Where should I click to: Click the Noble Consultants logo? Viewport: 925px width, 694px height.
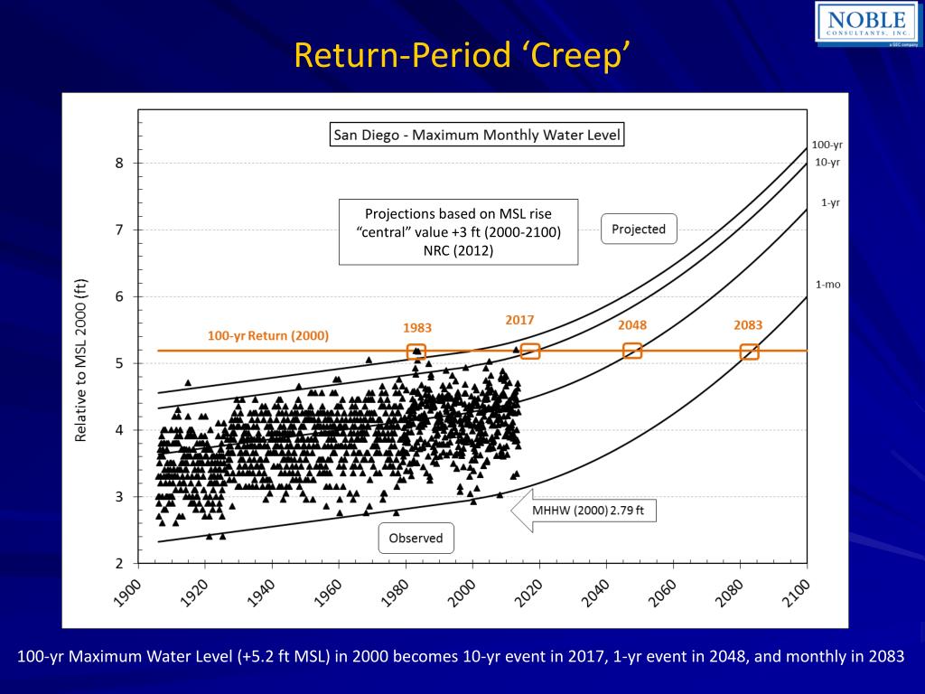click(869, 23)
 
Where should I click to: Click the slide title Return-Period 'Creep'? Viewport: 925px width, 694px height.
click(462, 56)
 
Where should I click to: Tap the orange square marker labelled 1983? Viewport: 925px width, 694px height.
click(416, 352)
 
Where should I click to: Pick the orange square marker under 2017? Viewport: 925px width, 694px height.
click(530, 351)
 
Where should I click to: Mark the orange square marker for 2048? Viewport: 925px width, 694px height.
click(632, 351)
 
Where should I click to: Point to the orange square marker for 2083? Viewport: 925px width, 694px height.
click(749, 352)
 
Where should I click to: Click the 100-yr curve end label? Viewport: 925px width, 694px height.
click(827, 145)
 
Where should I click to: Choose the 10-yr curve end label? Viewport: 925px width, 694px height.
click(827, 163)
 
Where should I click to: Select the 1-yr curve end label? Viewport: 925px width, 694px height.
click(830, 202)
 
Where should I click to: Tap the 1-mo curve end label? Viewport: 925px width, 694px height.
click(828, 285)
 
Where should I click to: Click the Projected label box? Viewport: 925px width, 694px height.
click(639, 230)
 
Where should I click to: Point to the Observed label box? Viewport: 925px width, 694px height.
click(416, 539)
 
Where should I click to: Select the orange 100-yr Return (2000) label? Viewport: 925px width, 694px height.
click(268, 335)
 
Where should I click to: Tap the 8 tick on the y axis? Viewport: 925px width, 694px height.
click(118, 164)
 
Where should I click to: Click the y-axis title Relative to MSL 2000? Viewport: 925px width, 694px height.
click(81, 360)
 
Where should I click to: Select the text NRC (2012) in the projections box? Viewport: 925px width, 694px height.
click(458, 250)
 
